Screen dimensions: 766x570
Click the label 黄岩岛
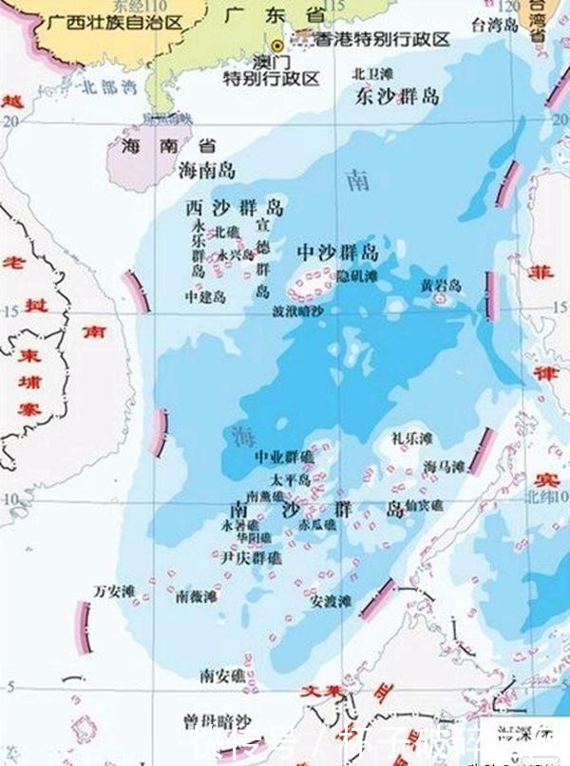click(441, 285)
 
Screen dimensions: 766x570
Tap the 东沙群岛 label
click(397, 96)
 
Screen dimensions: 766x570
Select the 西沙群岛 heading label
click(234, 208)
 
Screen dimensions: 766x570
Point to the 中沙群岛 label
click(337, 252)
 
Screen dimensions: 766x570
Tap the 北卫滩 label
click(371, 72)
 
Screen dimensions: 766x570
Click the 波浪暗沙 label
click(297, 310)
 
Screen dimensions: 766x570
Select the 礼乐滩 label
click(411, 439)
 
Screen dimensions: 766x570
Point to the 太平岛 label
click(291, 479)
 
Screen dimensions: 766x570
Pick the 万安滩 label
click(113, 589)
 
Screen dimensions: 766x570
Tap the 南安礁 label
click(221, 675)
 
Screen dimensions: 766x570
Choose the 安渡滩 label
click(332, 602)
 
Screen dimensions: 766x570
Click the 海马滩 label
click(444, 466)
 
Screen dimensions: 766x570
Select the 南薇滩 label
click(197, 597)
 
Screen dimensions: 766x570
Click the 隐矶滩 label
click(357, 275)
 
